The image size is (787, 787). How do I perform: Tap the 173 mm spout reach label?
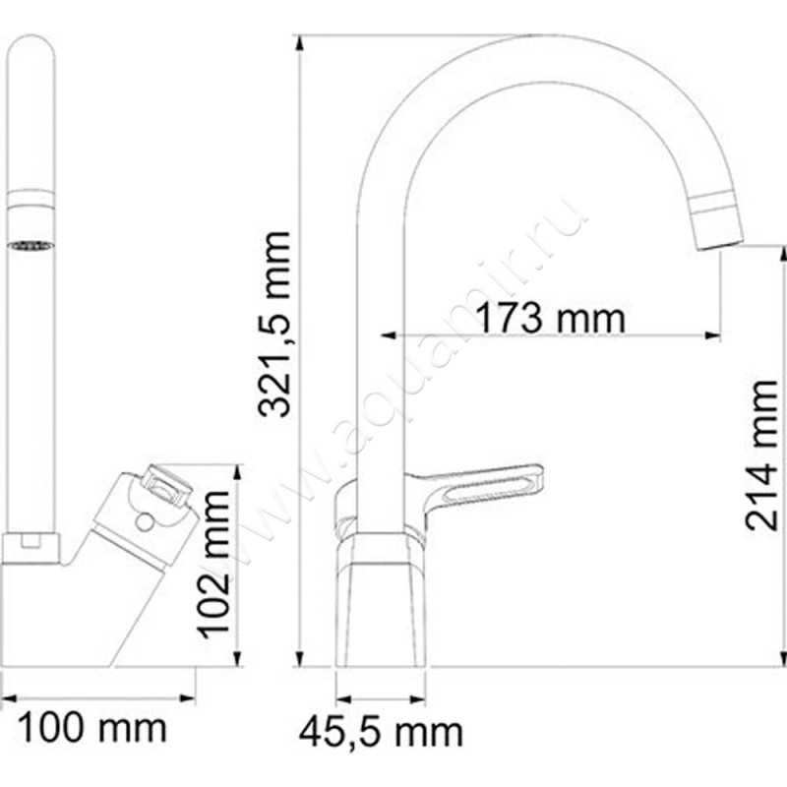click(x=550, y=318)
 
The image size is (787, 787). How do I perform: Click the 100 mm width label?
click(x=94, y=729)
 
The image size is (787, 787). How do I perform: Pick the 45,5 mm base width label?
click(x=382, y=731)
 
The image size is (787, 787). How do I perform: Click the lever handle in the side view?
click(x=486, y=483)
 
